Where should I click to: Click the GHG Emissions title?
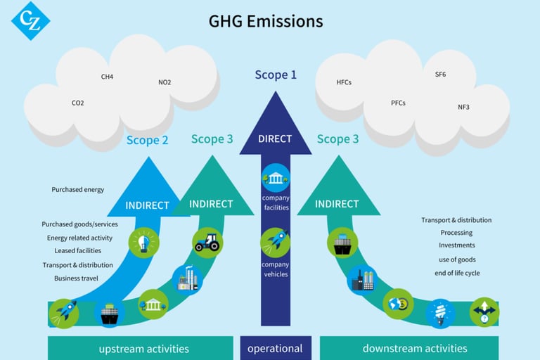266,21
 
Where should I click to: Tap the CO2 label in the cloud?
77,103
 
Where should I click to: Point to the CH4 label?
107,77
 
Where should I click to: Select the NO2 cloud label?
165,82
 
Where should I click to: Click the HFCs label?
344,82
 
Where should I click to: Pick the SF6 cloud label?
440,75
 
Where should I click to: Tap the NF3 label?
463,107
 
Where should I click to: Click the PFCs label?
398,103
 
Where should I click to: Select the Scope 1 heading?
276,75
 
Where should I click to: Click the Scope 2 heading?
148,140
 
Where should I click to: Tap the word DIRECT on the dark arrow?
276,139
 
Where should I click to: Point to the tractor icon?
207,242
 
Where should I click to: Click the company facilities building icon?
276,178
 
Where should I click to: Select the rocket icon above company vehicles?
276,242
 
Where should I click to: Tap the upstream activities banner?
144,348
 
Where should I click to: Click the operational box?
276,348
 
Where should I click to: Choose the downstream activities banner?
415,348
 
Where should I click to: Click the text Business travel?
76,278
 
